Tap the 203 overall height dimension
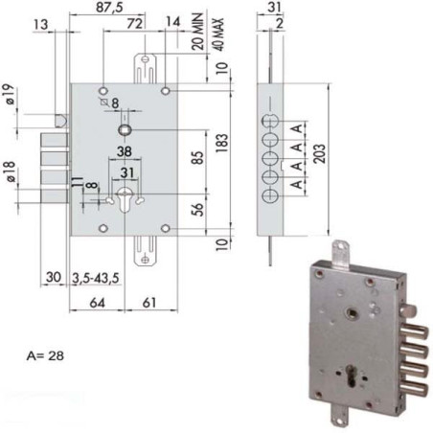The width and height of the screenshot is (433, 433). (x=330, y=142)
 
